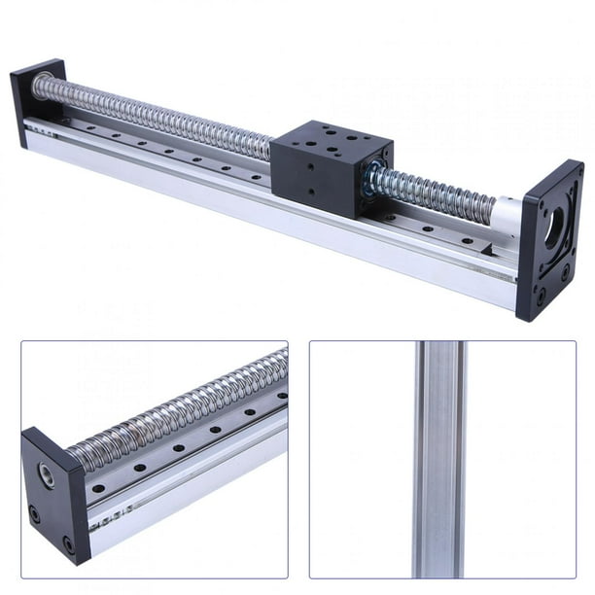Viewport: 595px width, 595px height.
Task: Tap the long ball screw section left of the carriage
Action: click(x=156, y=118)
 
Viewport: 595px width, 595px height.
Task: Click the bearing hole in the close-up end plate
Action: click(x=47, y=474)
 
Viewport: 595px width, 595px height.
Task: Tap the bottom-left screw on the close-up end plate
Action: click(x=36, y=514)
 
